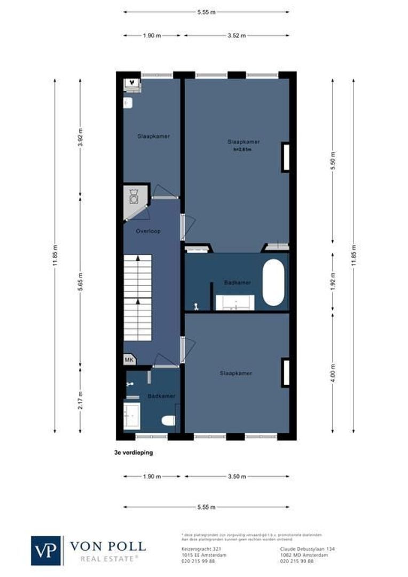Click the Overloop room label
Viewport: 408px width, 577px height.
(x=148, y=231)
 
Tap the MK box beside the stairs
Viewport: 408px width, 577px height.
(x=129, y=360)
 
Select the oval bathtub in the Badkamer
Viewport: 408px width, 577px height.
(x=273, y=283)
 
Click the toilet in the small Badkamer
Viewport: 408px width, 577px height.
(x=168, y=420)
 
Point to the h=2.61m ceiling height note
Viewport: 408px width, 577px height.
(x=243, y=150)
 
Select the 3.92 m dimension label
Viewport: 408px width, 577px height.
(x=80, y=137)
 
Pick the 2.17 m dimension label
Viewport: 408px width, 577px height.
(x=80, y=400)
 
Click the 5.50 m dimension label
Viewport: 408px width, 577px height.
(x=333, y=161)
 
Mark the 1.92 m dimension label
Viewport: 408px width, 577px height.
(x=333, y=283)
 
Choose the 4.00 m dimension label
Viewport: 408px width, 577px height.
(x=333, y=372)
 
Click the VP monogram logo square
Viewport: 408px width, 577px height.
(x=46, y=550)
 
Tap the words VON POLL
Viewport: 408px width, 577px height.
(x=108, y=547)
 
